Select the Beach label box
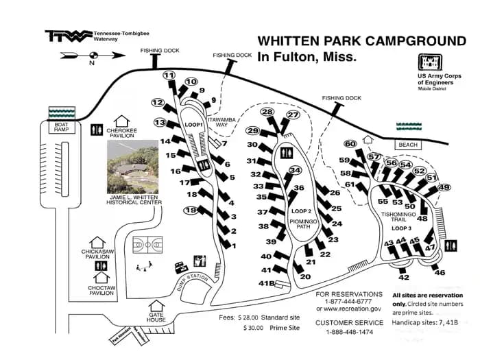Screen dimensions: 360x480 (x=407, y=145)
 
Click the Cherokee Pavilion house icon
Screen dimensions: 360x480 (x=122, y=121)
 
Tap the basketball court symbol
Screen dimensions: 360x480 (x=147, y=244)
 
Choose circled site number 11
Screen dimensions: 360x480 (x=169, y=76)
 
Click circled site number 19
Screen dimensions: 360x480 (x=190, y=210)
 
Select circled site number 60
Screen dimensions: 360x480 (x=350, y=144)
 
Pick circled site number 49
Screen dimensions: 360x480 (x=444, y=187)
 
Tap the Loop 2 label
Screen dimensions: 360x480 (x=302, y=211)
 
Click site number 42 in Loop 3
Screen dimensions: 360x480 (x=403, y=277)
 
